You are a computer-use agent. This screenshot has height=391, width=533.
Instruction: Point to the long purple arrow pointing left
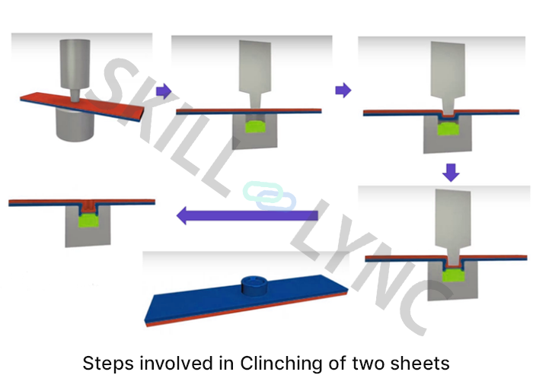point(247,216)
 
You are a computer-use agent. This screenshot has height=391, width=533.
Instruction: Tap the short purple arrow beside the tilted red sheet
point(161,91)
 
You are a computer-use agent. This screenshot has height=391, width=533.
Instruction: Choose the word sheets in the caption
point(421,363)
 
